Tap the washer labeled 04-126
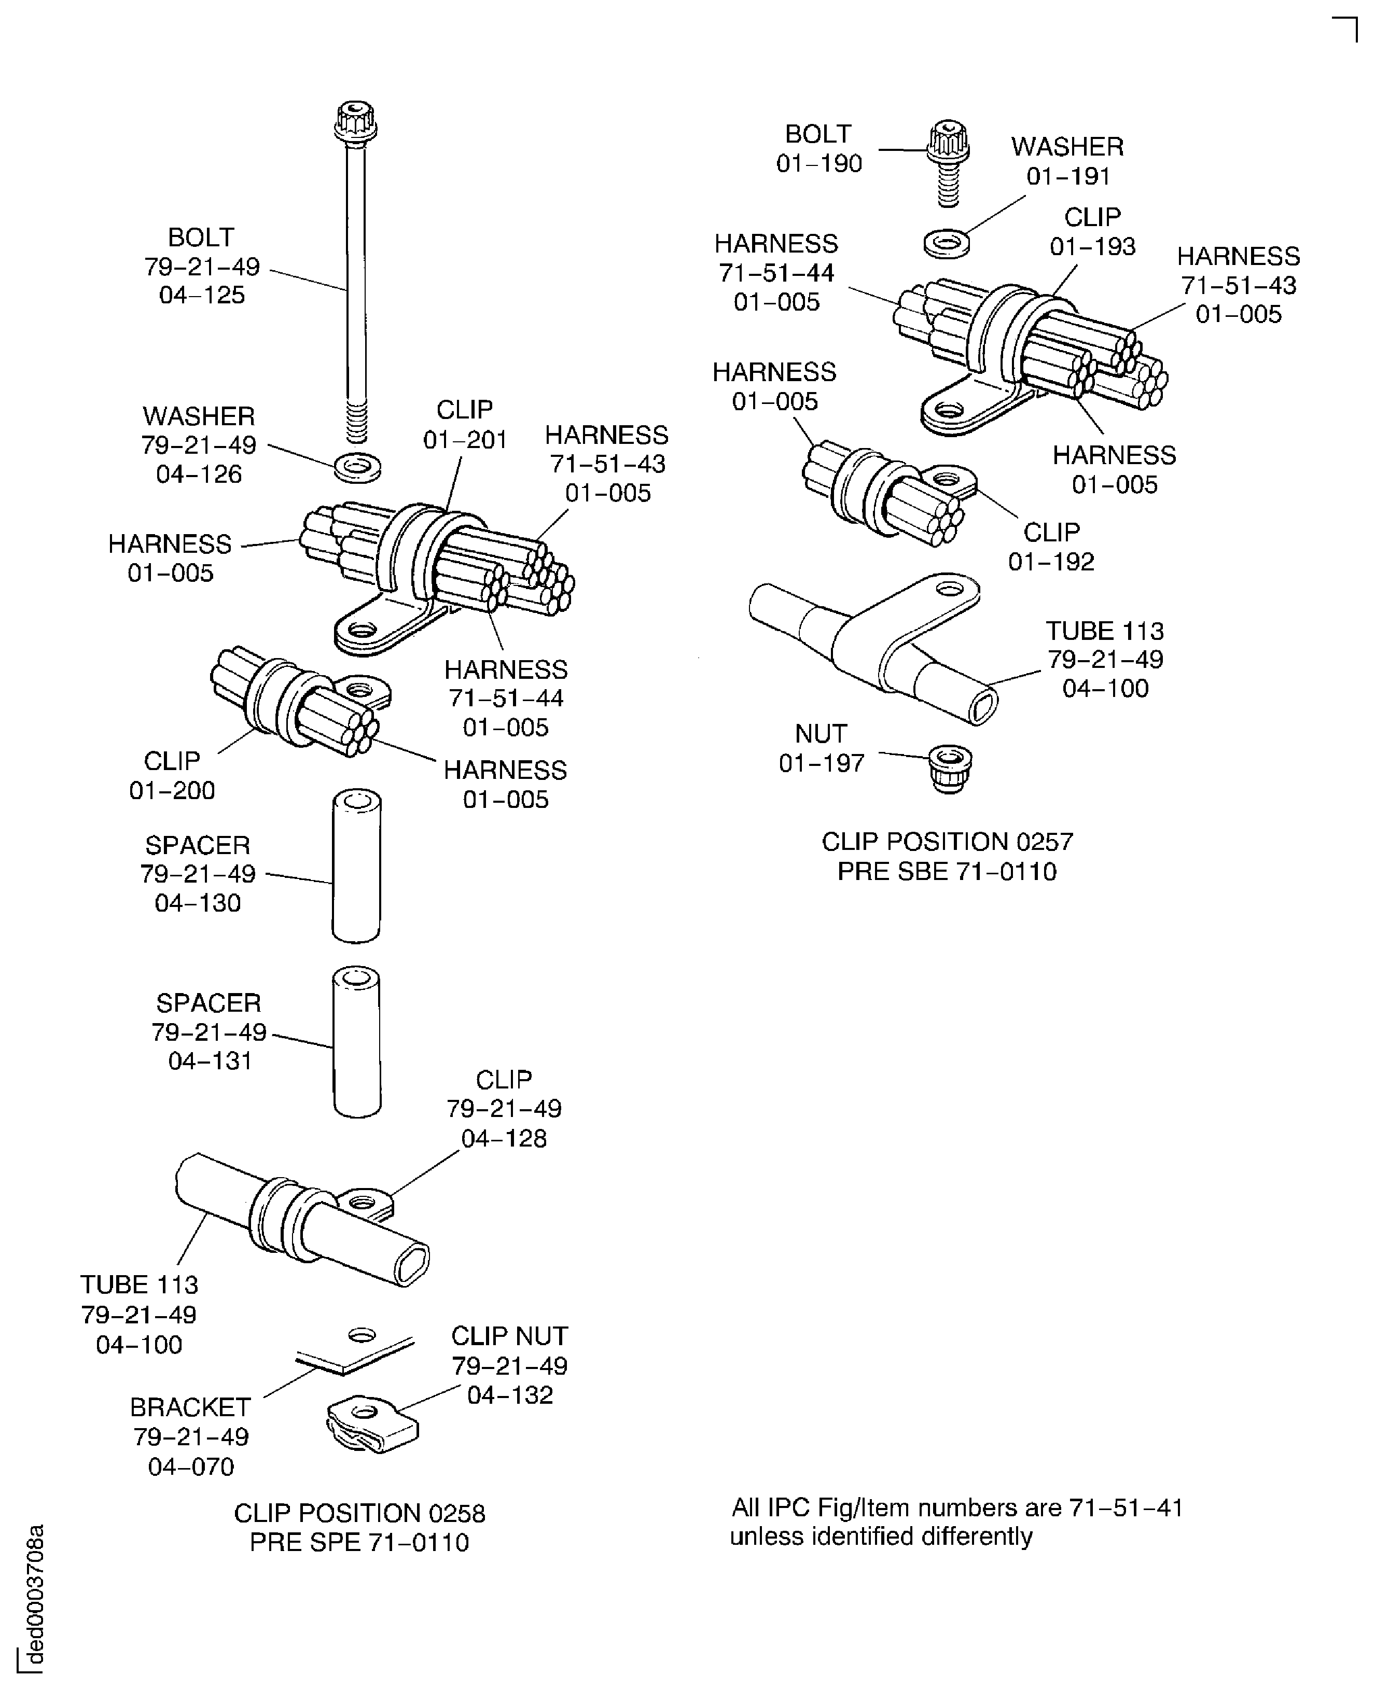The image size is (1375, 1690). pyautogui.click(x=358, y=467)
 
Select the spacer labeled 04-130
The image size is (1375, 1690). pyautogui.click(x=356, y=865)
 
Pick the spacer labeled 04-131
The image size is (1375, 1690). pyautogui.click(x=356, y=1041)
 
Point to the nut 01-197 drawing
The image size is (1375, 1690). pyautogui.click(x=950, y=766)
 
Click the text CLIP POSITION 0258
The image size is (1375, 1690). pyautogui.click(x=359, y=1513)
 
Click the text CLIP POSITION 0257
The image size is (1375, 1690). pyautogui.click(x=947, y=841)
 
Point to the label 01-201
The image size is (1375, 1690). pyautogui.click(x=465, y=440)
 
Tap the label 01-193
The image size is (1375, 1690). pyautogui.click(x=1092, y=247)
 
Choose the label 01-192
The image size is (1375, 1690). pyautogui.click(x=1051, y=562)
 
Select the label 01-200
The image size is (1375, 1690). pyautogui.click(x=172, y=790)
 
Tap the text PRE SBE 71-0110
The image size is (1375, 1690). pyautogui.click(x=947, y=871)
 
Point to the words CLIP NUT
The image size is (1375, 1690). pyautogui.click(x=509, y=1336)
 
